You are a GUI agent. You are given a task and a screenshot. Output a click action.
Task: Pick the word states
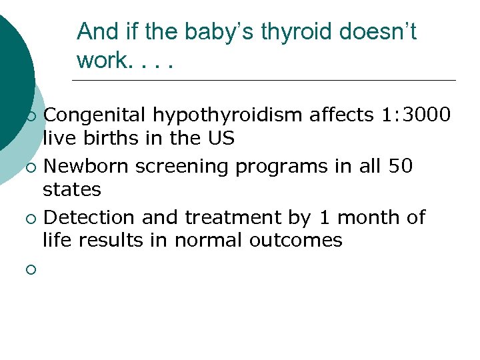pyautogui.click(x=72, y=190)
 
